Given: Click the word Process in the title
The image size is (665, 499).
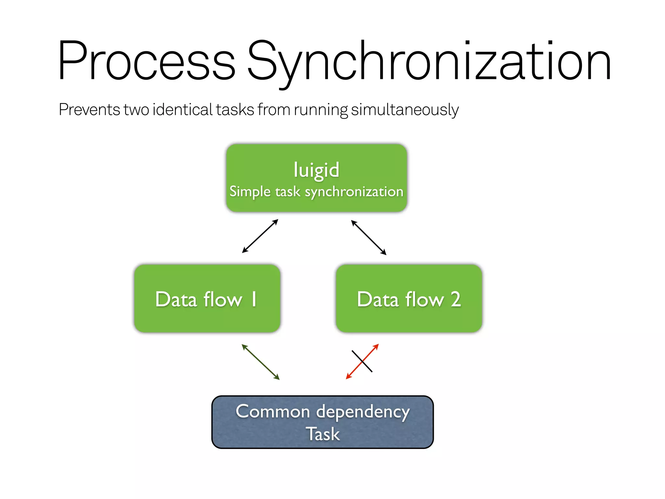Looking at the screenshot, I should point(146,61).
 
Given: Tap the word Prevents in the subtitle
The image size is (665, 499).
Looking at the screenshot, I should point(89,109).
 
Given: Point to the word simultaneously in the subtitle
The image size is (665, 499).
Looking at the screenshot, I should point(405,109).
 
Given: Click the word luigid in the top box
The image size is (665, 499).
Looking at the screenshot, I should point(316,170).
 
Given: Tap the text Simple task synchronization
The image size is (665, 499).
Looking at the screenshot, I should point(316,192).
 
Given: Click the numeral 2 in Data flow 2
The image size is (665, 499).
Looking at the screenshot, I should point(456,299).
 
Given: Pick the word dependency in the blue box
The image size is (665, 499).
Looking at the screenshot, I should point(363,412).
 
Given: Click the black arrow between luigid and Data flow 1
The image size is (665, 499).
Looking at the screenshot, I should point(260,236).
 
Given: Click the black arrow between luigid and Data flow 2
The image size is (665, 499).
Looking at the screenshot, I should point(369,237).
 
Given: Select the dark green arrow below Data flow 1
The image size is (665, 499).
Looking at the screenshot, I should point(260,362).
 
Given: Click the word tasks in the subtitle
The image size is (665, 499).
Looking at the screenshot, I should point(235,109).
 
